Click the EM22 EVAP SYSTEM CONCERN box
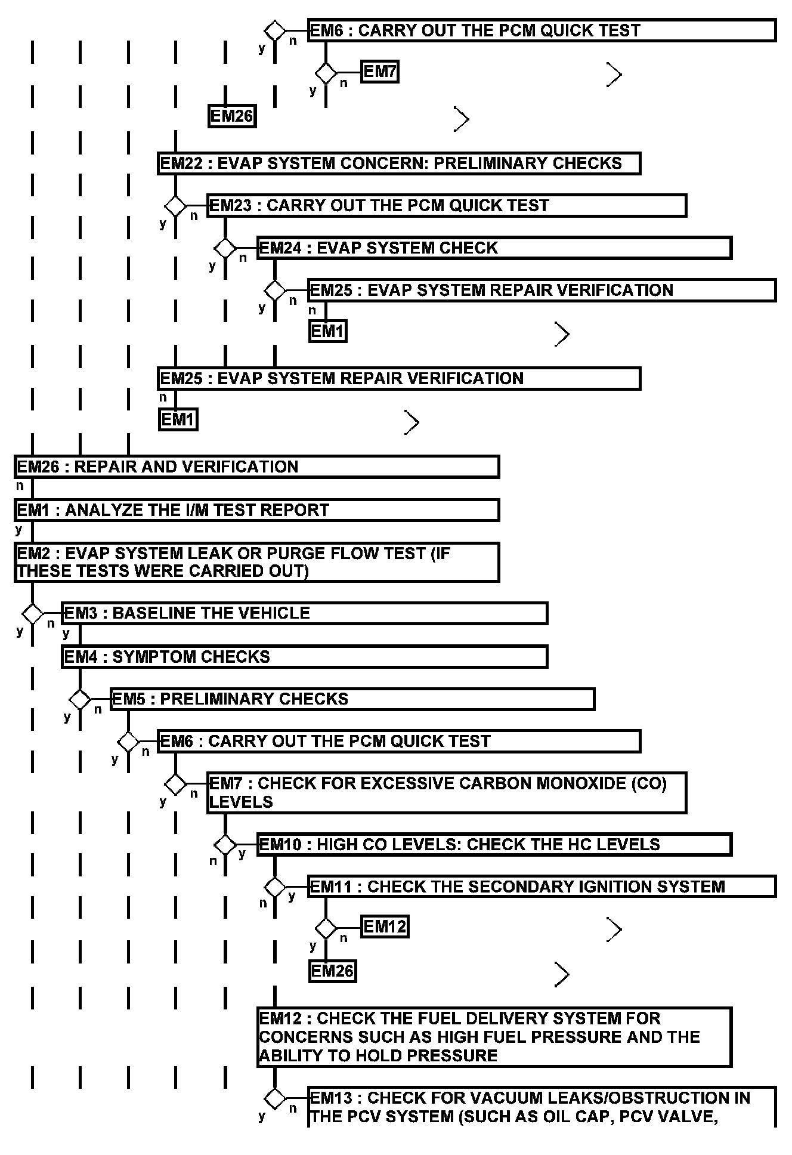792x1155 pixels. tap(399, 163)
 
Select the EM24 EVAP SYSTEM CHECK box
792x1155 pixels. tap(494, 248)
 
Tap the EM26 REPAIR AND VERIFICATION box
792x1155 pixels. tap(256, 467)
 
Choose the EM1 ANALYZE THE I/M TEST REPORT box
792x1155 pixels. tap(256, 511)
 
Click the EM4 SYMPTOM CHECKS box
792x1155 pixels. tap(304, 657)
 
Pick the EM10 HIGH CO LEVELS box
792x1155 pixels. tap(494, 845)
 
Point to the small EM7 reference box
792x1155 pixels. tap(380, 72)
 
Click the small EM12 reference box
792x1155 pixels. tap(385, 927)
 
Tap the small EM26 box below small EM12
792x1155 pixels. tap(332, 971)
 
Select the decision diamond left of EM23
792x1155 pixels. tap(175, 206)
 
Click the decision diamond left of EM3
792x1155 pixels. tap(32, 613)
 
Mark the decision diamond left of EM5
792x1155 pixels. tap(80, 699)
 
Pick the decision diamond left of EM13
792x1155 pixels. tap(275, 1098)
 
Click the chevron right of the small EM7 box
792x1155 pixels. tap(614, 75)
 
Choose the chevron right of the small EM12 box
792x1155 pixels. tap(614, 929)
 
